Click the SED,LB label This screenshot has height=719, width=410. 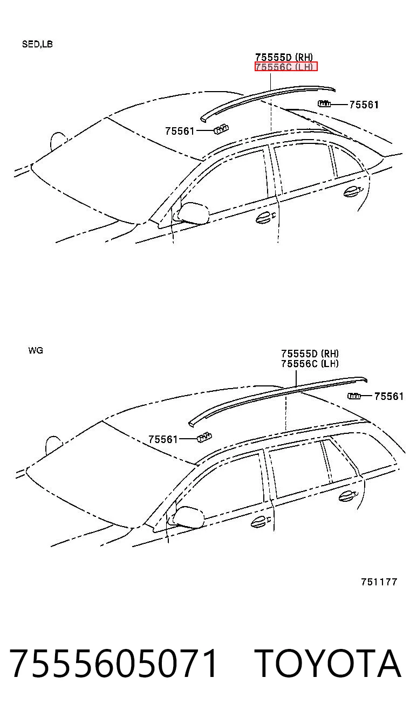coord(37,44)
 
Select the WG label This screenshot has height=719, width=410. coord(36,350)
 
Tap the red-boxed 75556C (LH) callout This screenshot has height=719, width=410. coord(286,66)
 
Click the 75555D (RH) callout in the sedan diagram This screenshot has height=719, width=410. coord(284,57)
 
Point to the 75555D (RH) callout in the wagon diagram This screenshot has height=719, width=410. coord(310,354)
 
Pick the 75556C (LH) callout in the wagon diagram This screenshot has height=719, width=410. coord(310,363)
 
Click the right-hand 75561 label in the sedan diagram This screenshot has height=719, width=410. coord(364,105)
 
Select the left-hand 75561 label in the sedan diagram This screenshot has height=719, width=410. coord(180,131)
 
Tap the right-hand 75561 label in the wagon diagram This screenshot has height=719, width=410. coord(389,396)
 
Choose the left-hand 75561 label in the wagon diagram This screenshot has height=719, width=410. coord(163,439)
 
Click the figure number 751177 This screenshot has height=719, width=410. coord(379,582)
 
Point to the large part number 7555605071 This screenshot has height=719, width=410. coord(113,663)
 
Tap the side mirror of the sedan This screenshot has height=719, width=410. coord(192,212)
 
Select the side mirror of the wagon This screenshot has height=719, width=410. coord(187,516)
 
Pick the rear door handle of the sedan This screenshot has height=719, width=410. coord(352,191)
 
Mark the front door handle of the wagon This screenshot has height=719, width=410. coord(261,522)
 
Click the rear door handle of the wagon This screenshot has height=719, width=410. coord(347,496)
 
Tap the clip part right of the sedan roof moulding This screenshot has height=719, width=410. coord(324,103)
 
